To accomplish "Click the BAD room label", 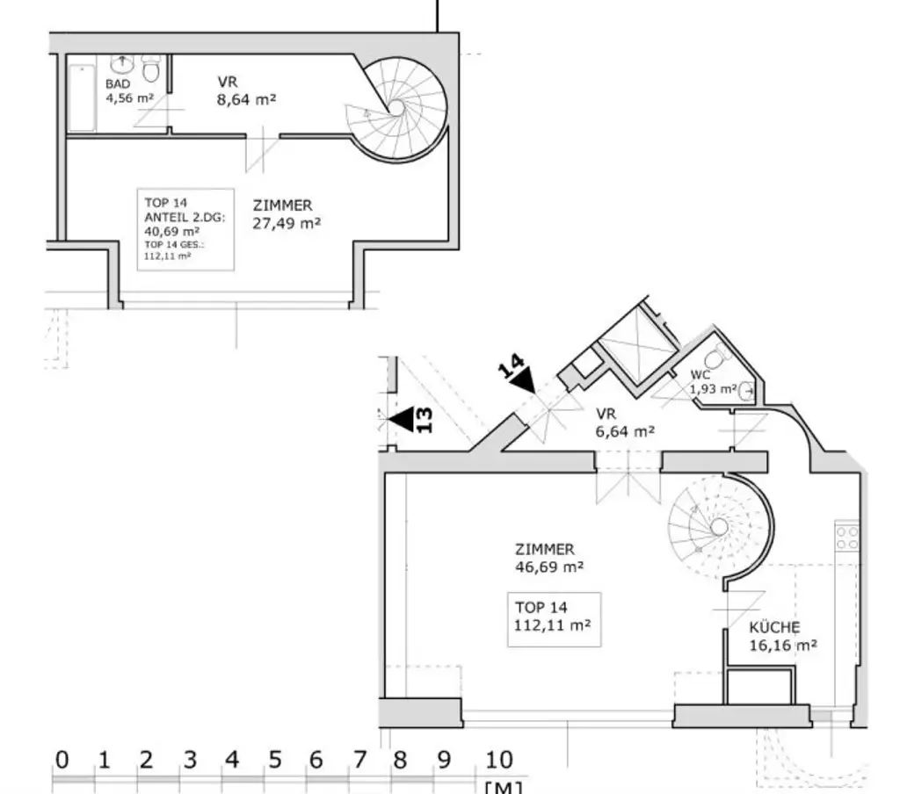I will click(x=119, y=84).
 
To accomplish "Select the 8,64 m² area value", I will click(x=247, y=100).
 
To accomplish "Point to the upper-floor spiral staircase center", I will click(x=396, y=107).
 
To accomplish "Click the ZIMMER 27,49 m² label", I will click(x=286, y=214).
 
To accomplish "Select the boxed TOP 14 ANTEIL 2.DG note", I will click(x=185, y=229).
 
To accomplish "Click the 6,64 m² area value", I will click(x=625, y=431).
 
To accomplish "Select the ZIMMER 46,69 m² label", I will click(x=549, y=559).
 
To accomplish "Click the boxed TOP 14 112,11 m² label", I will click(x=554, y=618).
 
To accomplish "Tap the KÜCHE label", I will click(x=774, y=628).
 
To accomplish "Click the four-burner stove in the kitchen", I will click(x=846, y=538).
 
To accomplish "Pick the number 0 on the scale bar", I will click(x=61, y=760).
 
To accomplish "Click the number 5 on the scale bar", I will click(x=274, y=760).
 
